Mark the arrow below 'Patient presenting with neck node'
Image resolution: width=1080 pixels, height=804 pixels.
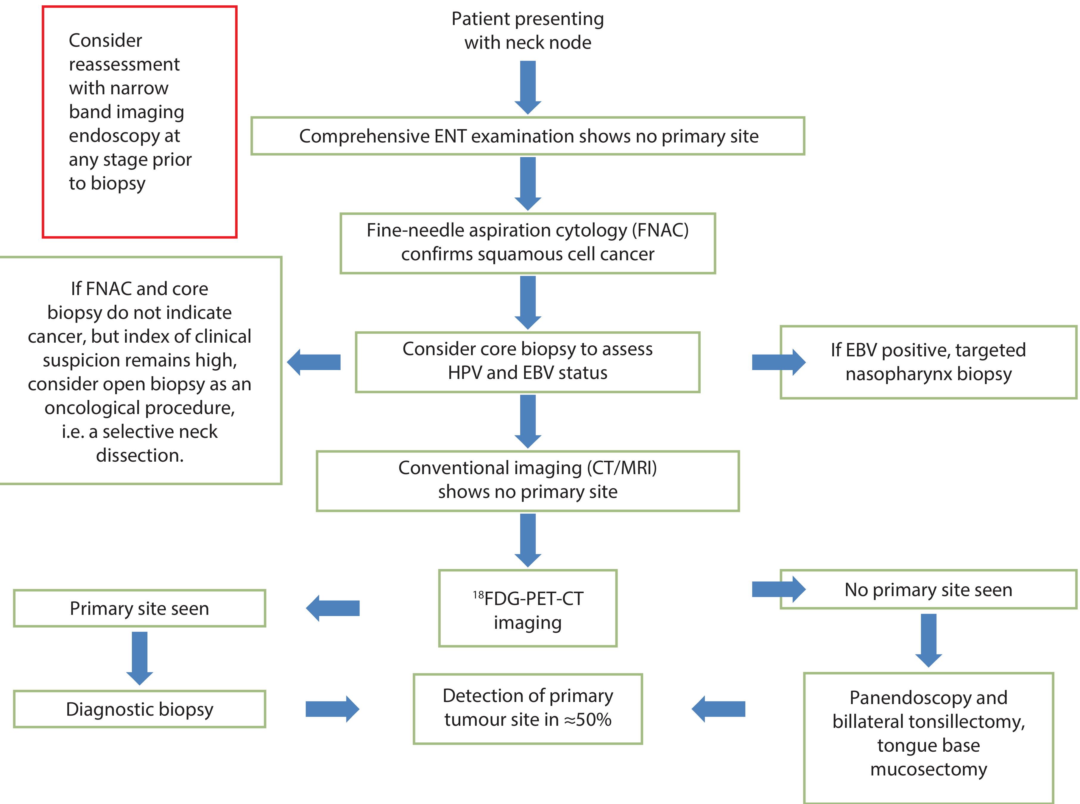click(528, 88)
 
